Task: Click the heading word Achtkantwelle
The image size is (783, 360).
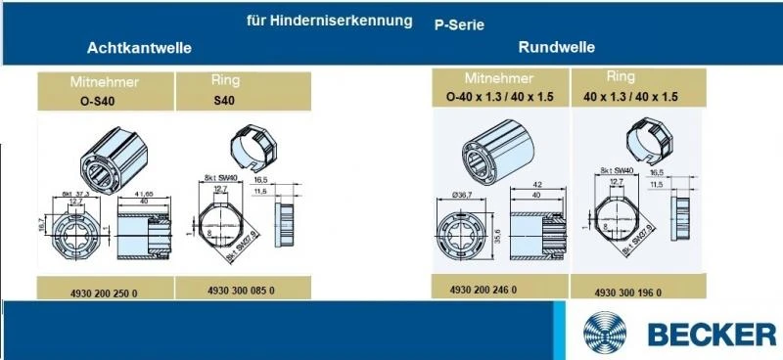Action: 138,47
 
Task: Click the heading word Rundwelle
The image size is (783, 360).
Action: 557,47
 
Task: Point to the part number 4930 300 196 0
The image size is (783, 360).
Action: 627,292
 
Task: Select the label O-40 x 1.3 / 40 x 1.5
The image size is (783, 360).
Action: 501,96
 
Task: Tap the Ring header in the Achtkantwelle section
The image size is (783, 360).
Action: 226,80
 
